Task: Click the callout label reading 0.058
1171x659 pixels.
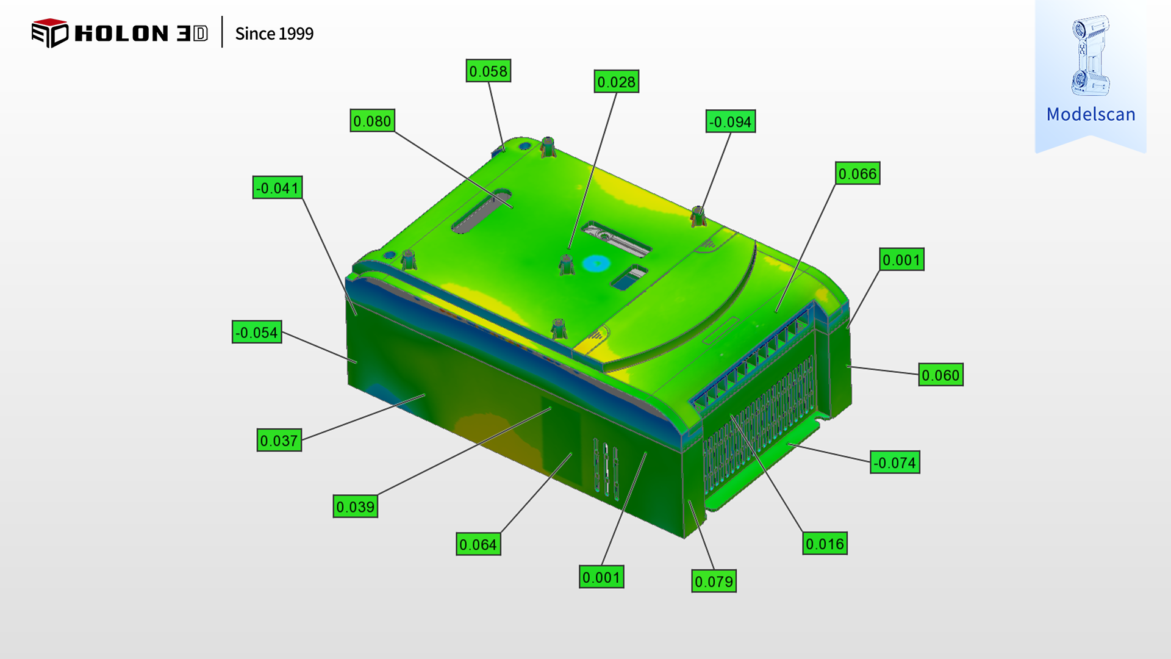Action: (x=488, y=71)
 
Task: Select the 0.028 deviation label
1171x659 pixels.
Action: (x=617, y=82)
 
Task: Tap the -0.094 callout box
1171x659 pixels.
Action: (x=731, y=121)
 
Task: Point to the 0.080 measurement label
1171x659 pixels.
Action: (x=372, y=121)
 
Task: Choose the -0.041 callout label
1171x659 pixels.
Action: (x=278, y=187)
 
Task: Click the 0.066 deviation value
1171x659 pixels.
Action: (x=858, y=173)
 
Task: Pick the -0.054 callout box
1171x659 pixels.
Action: (x=257, y=332)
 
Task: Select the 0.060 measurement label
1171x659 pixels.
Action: (x=941, y=375)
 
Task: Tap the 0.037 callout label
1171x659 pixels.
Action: (x=279, y=440)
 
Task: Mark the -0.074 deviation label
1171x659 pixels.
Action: (x=895, y=463)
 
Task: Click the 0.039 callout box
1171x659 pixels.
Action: (x=356, y=506)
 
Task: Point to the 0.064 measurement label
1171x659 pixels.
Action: (x=479, y=544)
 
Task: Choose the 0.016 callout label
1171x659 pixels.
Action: (x=825, y=544)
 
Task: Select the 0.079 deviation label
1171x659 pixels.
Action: (x=714, y=581)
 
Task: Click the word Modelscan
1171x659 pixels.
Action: (x=1090, y=114)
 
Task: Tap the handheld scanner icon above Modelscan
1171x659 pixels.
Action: (x=1090, y=56)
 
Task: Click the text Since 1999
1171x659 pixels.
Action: (x=274, y=34)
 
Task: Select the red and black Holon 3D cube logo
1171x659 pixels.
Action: (x=49, y=33)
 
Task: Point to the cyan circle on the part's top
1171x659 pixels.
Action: (x=596, y=264)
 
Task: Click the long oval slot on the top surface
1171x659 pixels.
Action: (x=481, y=211)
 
